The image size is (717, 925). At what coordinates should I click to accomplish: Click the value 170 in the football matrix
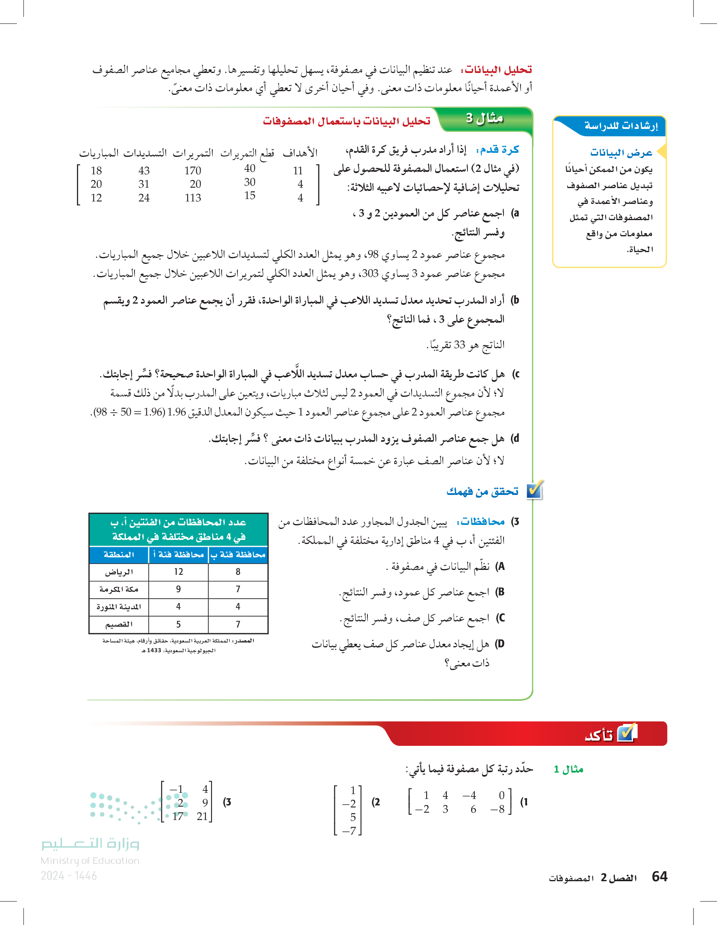click(192, 171)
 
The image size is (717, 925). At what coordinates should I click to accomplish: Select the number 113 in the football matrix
click(192, 198)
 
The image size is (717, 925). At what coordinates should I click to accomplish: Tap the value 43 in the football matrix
click(144, 171)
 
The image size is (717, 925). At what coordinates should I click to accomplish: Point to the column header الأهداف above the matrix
click(300, 153)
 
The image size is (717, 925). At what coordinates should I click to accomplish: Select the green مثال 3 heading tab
click(484, 118)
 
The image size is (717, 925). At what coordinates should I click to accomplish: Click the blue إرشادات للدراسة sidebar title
click(621, 126)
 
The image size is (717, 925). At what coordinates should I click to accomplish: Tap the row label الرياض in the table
click(119, 572)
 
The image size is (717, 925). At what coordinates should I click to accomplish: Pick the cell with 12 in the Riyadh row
click(179, 572)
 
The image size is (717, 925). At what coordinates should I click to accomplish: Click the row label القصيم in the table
click(119, 624)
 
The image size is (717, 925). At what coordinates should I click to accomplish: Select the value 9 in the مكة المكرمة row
click(179, 589)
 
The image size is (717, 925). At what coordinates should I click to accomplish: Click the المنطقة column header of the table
click(119, 555)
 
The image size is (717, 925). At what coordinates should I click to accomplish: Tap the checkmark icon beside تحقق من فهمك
click(535, 490)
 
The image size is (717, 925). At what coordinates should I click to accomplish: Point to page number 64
click(659, 876)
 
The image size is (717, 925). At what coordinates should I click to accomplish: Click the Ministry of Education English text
click(90, 861)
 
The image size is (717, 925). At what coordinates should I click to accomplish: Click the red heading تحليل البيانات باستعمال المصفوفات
click(346, 121)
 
